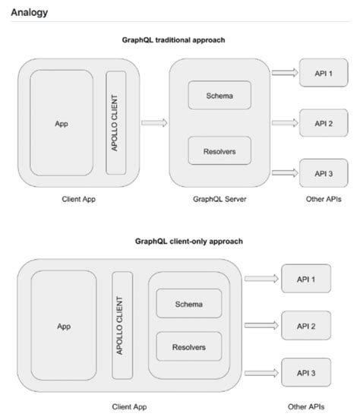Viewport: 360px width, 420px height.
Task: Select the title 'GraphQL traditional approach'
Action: pos(179,39)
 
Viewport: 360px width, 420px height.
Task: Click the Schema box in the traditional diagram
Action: pos(219,96)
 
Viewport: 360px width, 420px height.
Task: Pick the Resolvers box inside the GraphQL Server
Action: pos(219,150)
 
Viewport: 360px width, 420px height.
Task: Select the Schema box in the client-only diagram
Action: pos(188,304)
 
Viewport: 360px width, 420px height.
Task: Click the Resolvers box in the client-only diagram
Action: pos(188,347)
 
